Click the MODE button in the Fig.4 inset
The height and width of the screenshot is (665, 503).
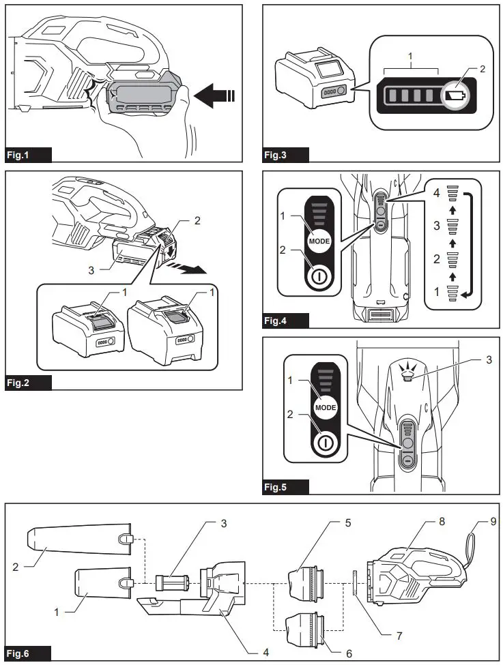click(x=319, y=242)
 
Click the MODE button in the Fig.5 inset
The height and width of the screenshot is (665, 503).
click(x=326, y=407)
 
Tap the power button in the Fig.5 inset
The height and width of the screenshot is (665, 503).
click(x=326, y=441)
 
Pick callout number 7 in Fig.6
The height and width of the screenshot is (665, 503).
click(x=399, y=635)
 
